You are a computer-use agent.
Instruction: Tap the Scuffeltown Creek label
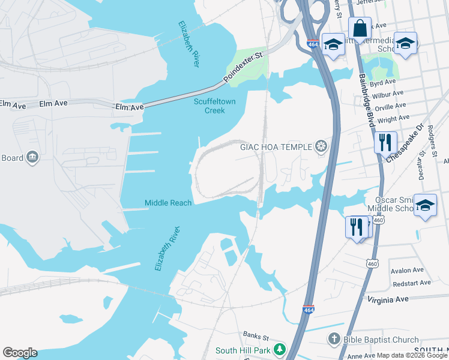214,106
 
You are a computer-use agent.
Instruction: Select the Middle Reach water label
168,203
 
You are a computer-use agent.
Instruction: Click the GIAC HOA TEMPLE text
276,146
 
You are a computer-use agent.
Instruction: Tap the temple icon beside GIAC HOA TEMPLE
322,146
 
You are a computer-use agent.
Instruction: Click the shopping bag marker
360,28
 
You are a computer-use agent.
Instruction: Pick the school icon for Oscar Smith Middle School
425,206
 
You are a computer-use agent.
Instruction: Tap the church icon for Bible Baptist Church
334,340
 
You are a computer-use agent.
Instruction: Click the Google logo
20,353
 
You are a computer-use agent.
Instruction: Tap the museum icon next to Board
32,158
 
